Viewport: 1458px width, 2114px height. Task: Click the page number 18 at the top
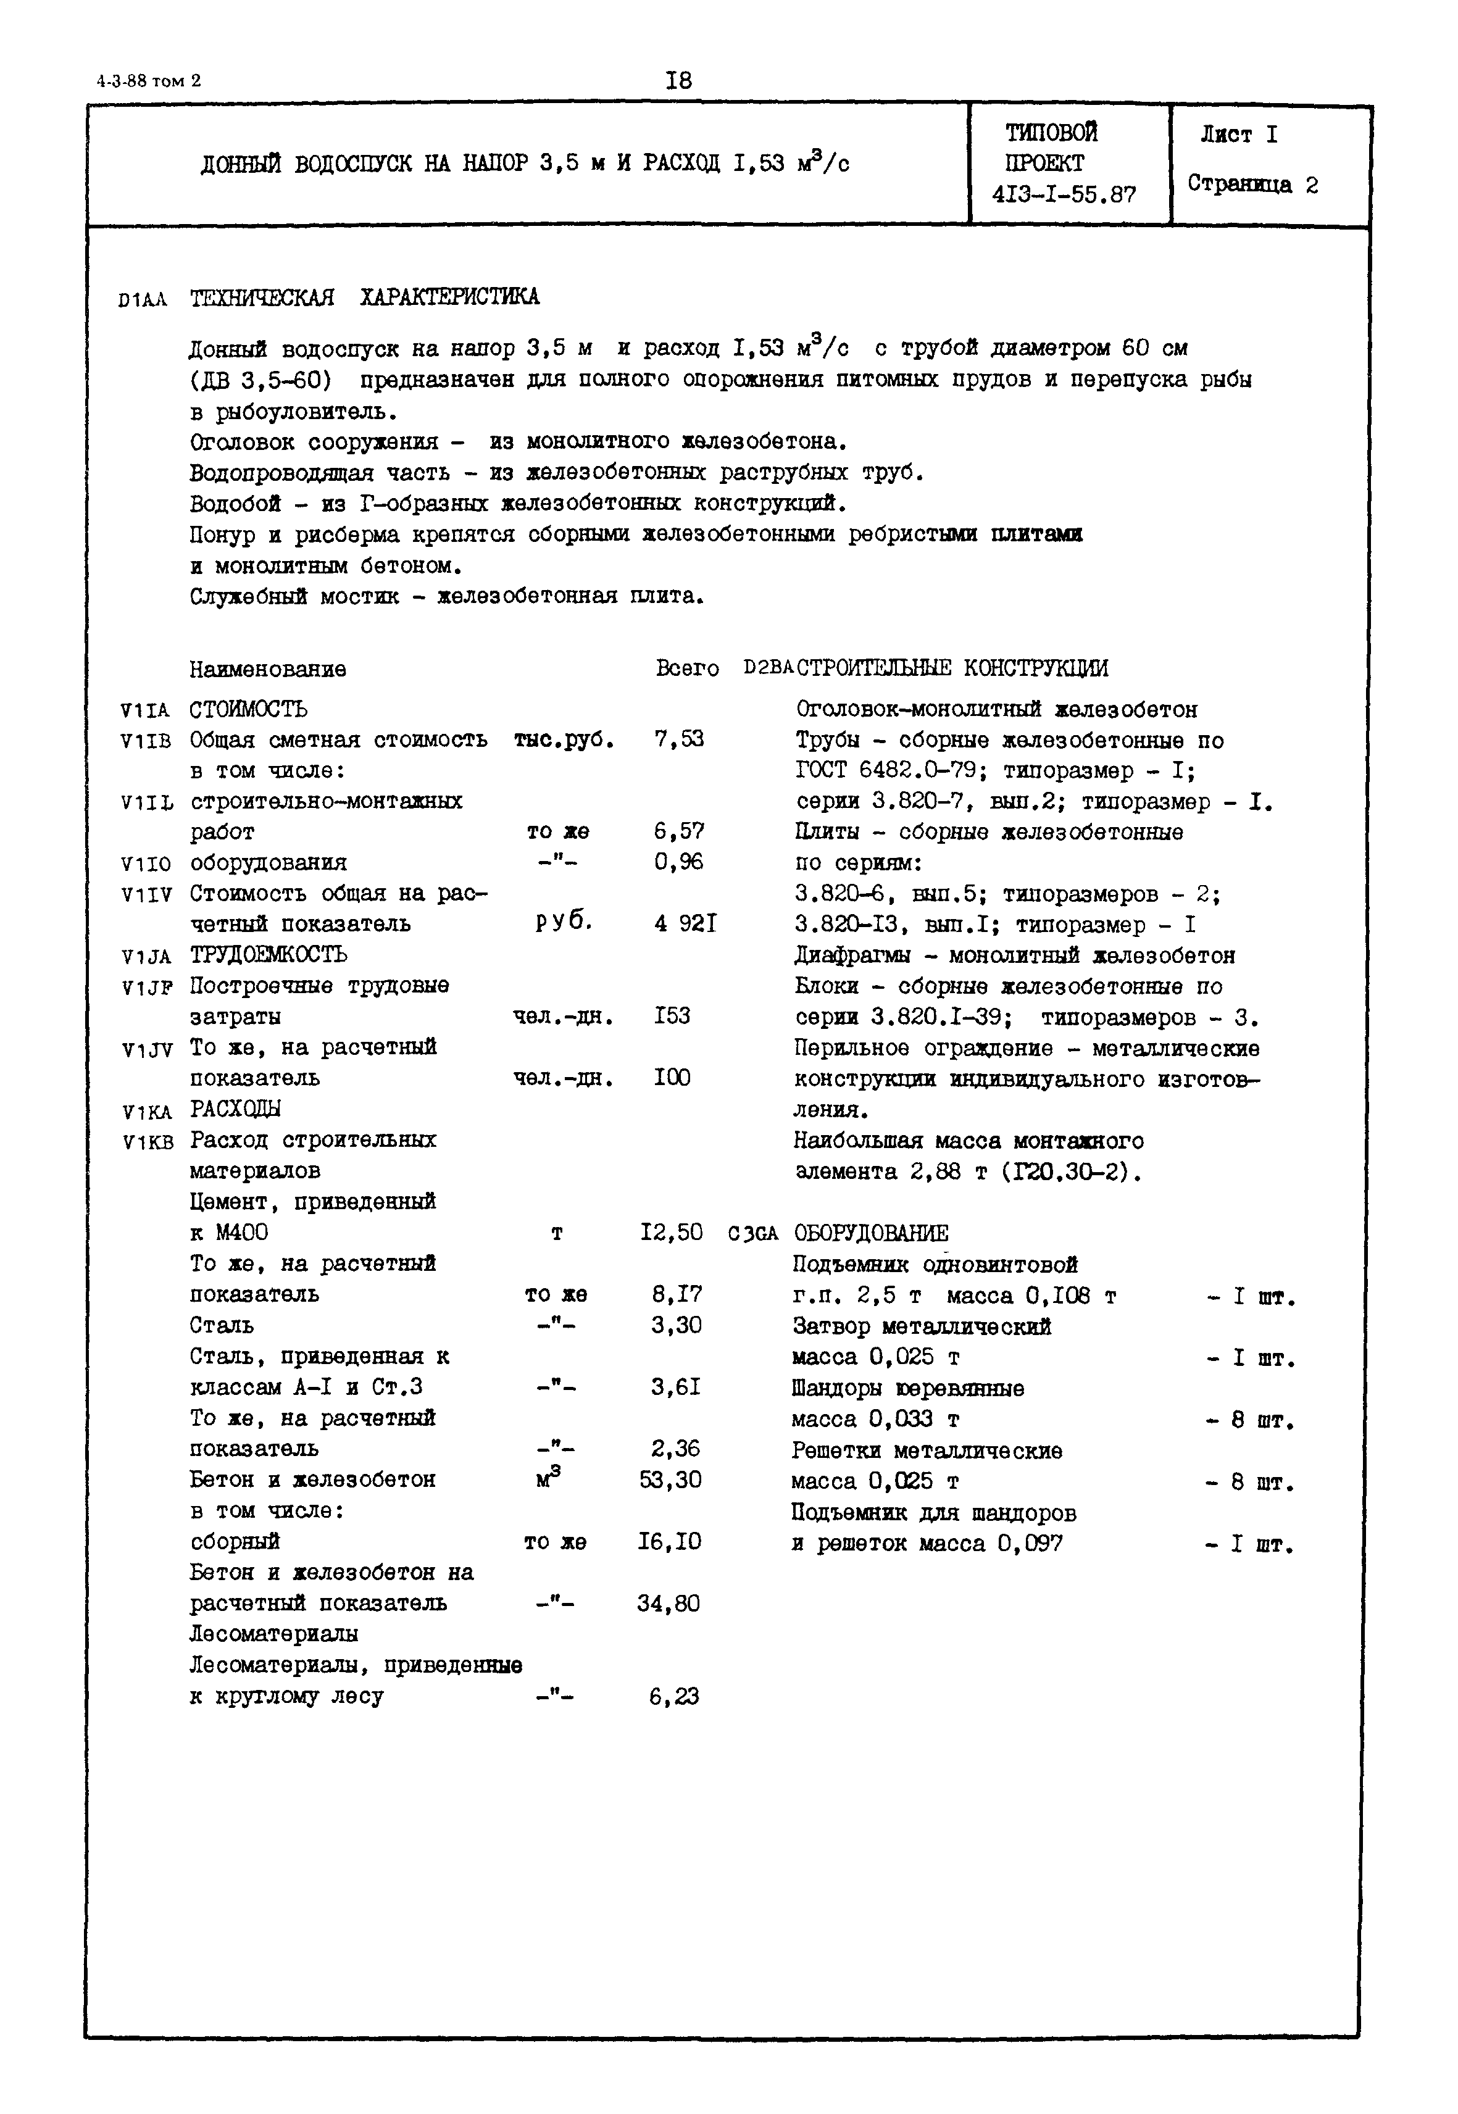[679, 80]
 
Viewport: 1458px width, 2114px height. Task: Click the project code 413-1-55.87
[1064, 194]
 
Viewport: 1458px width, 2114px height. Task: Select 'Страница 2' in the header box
[1252, 185]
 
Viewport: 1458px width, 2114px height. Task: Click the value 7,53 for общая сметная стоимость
[679, 739]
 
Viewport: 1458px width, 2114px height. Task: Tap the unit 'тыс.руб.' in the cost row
[564, 739]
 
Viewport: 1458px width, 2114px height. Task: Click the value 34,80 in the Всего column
[669, 1602]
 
